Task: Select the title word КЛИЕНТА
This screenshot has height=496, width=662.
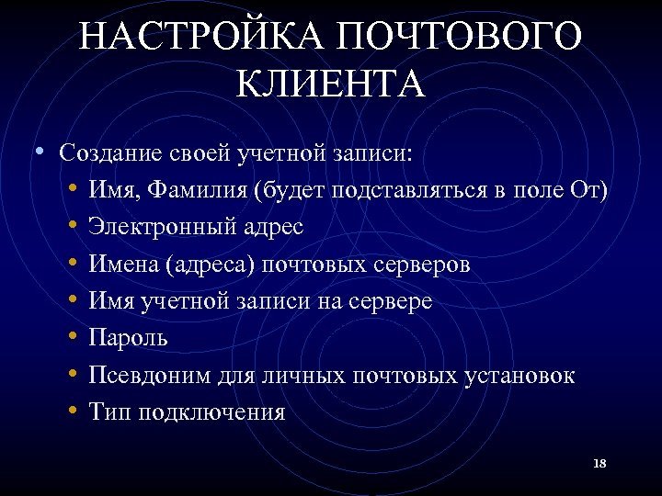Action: click(x=331, y=85)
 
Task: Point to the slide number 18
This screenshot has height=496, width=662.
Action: click(x=599, y=463)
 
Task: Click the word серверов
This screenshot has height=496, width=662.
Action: click(x=424, y=265)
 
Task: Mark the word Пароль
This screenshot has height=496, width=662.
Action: click(x=128, y=338)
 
